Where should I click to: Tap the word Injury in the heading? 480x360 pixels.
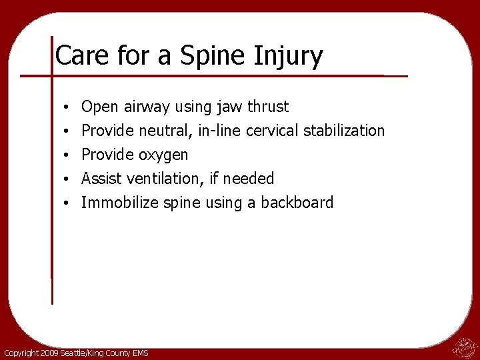[289, 56]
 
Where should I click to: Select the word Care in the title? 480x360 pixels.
[79, 55]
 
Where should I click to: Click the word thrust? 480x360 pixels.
[268, 107]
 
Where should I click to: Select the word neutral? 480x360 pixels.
[167, 131]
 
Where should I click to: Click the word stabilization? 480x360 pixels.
[344, 131]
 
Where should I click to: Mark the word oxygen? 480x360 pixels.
[163, 155]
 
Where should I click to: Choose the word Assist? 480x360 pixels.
[101, 179]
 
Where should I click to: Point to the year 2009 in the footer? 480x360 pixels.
[48, 353]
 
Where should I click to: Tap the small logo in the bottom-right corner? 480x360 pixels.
[463, 347]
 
